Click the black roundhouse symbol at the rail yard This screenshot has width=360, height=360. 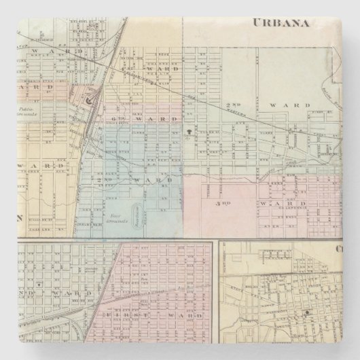90,100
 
